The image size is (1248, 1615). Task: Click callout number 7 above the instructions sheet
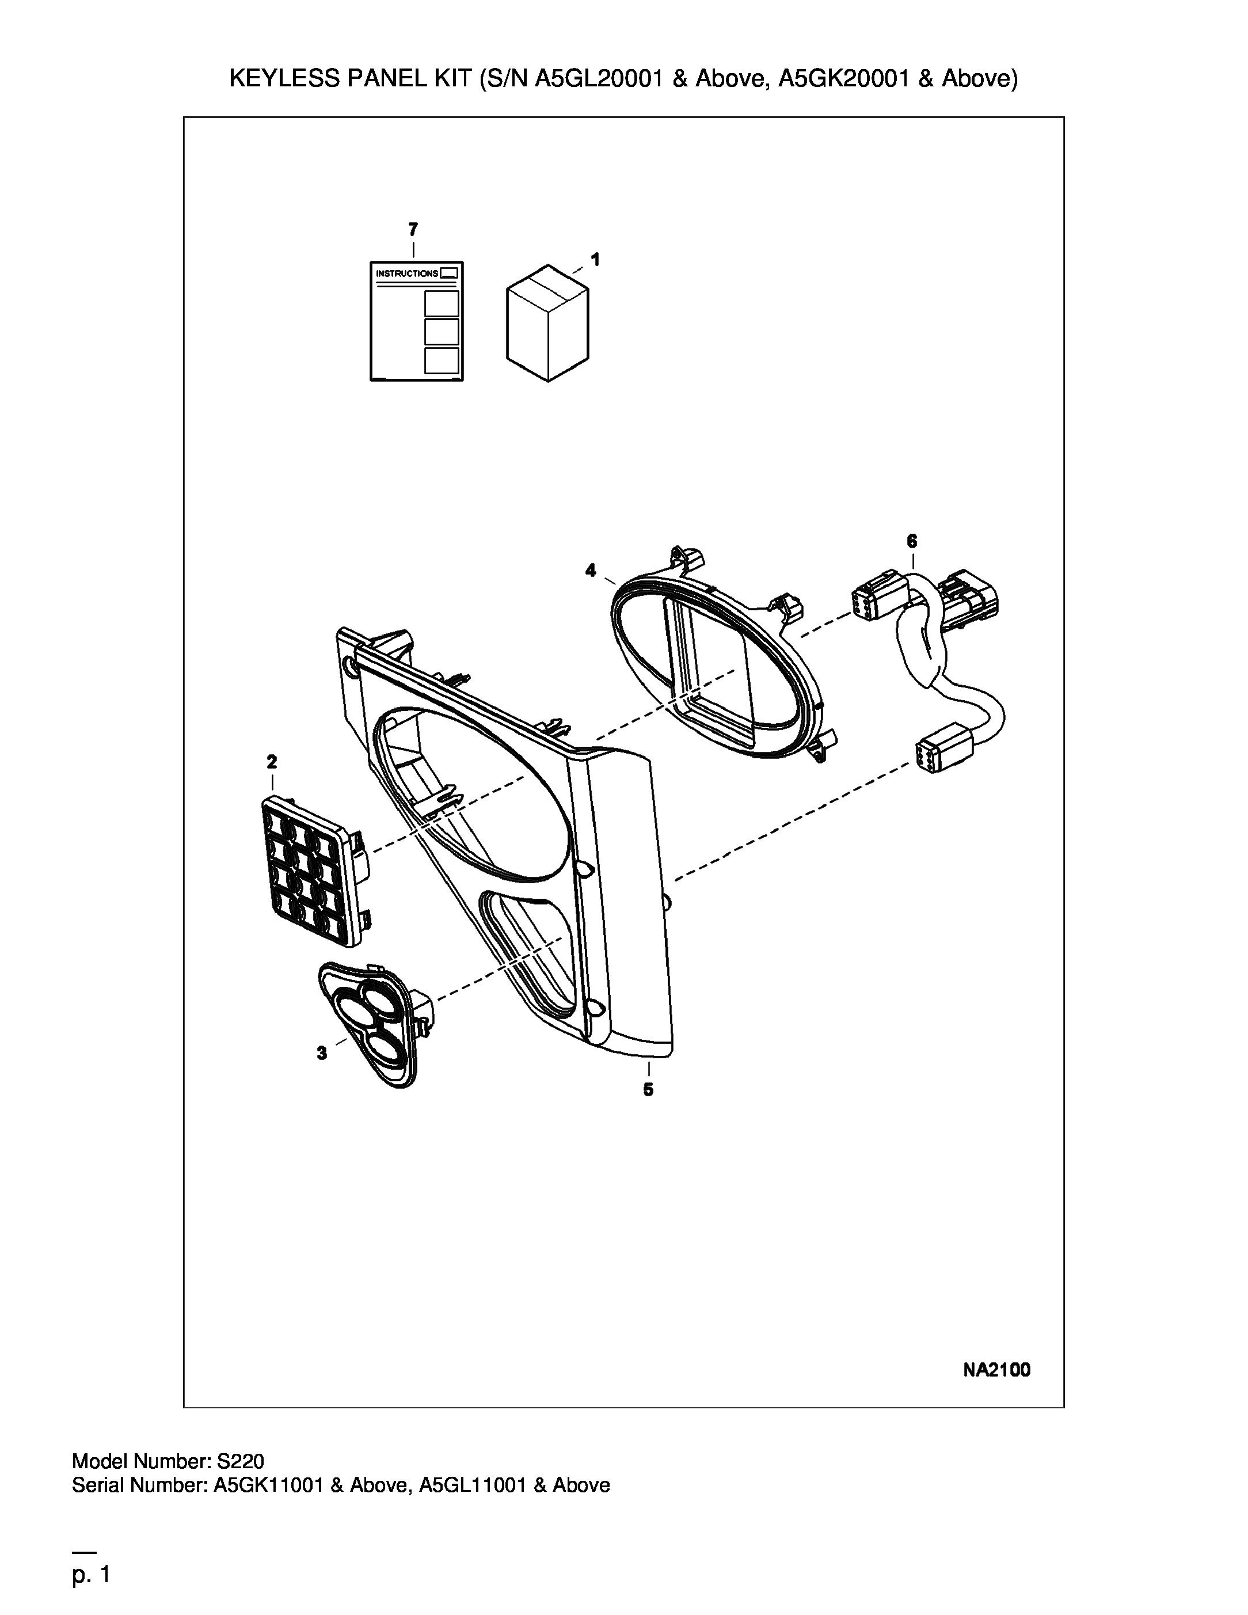coord(413,229)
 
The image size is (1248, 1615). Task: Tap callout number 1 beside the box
coord(595,260)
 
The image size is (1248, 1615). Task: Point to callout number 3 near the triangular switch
coord(322,1053)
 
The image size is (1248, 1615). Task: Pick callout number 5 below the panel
coord(648,1089)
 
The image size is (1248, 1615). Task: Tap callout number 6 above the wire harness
coord(912,541)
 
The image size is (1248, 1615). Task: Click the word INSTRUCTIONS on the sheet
coord(406,273)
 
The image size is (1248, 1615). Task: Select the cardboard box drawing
coord(547,323)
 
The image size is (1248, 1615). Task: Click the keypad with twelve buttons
coord(314,871)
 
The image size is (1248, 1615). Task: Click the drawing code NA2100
coord(996,1370)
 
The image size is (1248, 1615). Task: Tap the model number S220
coord(239,1461)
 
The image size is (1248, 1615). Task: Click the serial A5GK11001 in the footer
coord(268,1485)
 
